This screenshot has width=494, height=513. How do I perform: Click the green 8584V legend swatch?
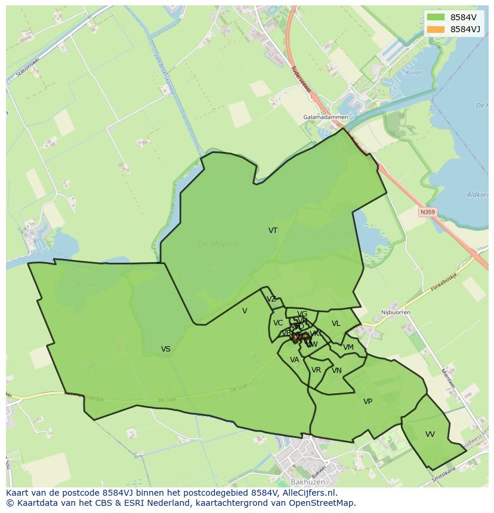coord(436,17)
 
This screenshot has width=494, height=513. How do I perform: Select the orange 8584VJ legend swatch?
coord(436,29)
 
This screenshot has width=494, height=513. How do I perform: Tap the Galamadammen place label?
coord(325,117)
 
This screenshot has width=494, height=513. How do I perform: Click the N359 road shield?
coord(427,212)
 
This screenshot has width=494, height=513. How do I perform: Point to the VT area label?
coord(273,231)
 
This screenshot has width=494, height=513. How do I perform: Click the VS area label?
coord(166,349)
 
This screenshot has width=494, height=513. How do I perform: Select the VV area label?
coord(430,434)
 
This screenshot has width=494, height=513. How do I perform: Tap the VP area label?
coord(368,402)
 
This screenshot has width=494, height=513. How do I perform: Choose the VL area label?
coord(336,324)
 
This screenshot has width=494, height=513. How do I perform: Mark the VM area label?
coord(348,347)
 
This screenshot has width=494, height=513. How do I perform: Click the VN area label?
coord(336,371)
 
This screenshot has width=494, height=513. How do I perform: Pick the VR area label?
coord(316,370)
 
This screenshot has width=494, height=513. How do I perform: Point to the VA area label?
coord(295,360)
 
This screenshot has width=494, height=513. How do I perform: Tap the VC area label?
coord(278,323)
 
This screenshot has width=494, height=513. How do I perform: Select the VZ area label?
coord(271,299)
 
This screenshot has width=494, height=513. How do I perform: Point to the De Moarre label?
coord(218,244)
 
